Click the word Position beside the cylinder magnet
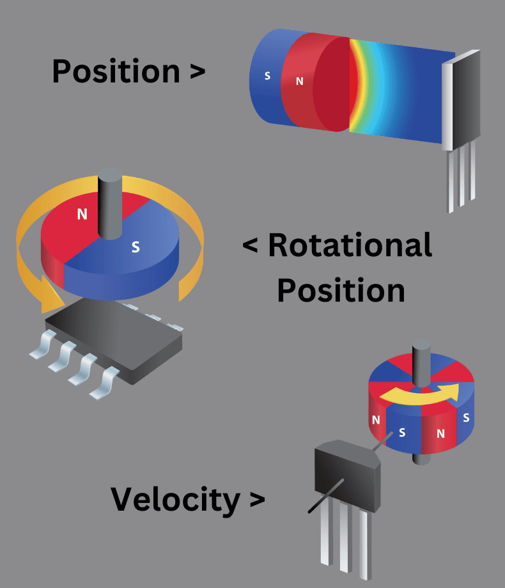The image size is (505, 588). click(x=115, y=71)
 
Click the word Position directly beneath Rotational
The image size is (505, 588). click(x=341, y=290)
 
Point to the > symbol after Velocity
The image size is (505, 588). click(x=256, y=500)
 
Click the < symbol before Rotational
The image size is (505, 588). click(x=251, y=245)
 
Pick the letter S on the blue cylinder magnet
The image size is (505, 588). click(x=267, y=76)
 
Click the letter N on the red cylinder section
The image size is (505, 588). click(x=299, y=81)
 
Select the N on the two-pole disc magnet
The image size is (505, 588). click(x=82, y=214)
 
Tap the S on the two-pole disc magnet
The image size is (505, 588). click(x=136, y=247)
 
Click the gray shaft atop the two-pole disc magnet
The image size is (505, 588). click(x=109, y=201)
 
